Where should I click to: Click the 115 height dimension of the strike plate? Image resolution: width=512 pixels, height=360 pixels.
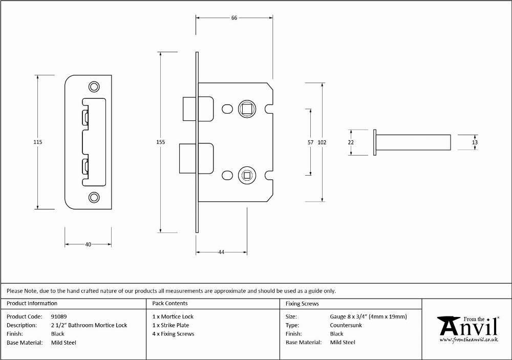(x=37, y=142)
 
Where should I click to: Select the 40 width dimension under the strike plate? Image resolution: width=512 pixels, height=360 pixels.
(x=88, y=244)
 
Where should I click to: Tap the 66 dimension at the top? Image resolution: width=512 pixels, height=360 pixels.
(x=234, y=18)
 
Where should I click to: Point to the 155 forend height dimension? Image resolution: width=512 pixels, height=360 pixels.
(x=160, y=142)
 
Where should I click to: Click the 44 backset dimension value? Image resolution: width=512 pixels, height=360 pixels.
(x=221, y=252)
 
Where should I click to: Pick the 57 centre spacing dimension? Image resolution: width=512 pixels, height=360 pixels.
(x=310, y=142)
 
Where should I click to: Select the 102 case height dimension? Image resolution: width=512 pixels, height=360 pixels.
(x=322, y=142)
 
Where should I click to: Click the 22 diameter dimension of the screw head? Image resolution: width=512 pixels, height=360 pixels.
(x=351, y=142)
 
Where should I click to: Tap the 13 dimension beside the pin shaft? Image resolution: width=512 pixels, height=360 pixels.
(x=475, y=142)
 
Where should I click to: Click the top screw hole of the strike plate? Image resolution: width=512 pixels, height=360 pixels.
(x=94, y=87)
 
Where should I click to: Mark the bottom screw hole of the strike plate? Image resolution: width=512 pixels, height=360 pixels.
(x=94, y=197)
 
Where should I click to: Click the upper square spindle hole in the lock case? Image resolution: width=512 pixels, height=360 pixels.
(x=247, y=109)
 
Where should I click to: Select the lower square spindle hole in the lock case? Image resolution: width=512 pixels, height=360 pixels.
(x=247, y=176)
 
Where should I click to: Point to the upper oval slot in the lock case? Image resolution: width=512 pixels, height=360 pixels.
(x=227, y=109)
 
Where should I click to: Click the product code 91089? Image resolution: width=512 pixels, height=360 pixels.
(x=59, y=316)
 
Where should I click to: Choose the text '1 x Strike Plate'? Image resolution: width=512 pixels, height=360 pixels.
(x=171, y=325)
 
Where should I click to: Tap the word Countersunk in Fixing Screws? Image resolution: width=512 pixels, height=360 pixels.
(x=346, y=325)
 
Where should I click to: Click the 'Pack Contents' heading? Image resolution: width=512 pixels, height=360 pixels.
(x=170, y=304)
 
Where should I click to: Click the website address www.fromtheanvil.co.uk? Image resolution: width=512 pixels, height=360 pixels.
(x=469, y=340)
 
